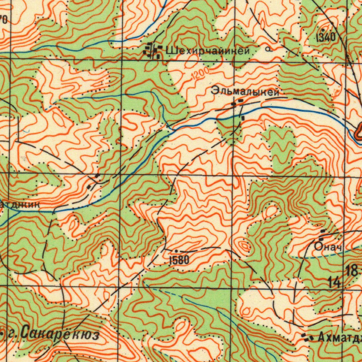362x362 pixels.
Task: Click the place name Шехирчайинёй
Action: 208,51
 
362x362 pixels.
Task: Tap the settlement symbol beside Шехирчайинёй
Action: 152,51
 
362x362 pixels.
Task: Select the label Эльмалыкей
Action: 245,92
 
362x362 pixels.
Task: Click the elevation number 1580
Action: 180,261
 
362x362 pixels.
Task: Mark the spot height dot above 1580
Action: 176,251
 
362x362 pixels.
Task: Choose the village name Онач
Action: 328,247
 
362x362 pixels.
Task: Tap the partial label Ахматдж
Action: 339,338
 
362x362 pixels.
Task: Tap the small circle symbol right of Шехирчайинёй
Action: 270,50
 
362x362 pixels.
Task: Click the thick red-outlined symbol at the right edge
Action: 358,132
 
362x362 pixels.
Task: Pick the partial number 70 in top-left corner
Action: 3,20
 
